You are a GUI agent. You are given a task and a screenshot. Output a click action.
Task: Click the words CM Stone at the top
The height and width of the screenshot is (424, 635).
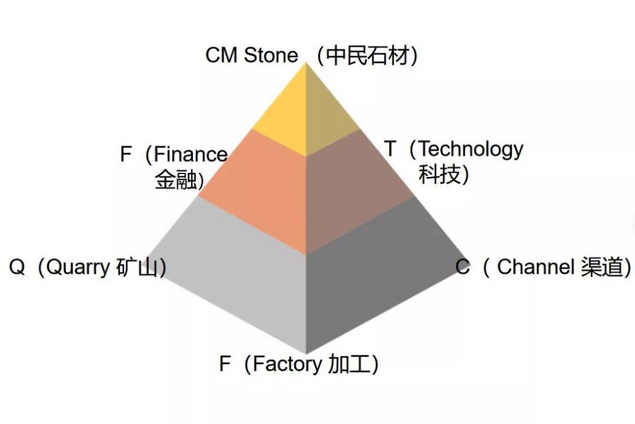[252, 55]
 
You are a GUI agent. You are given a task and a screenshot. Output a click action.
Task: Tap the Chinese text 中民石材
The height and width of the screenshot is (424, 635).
[367, 56]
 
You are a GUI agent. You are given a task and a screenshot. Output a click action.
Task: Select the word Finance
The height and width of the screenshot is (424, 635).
[190, 154]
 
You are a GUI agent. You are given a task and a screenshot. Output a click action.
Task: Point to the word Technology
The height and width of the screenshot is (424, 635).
[471, 149]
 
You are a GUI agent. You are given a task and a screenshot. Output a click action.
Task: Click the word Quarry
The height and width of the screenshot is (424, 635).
[78, 268]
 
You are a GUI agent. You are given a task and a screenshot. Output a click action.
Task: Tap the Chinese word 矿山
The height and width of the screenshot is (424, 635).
[137, 268]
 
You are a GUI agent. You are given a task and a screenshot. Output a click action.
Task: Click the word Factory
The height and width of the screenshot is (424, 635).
[287, 363]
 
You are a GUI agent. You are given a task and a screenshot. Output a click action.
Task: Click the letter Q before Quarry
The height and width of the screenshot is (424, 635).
[17, 268]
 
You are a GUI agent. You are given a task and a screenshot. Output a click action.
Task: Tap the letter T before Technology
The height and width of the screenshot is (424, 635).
[390, 149]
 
